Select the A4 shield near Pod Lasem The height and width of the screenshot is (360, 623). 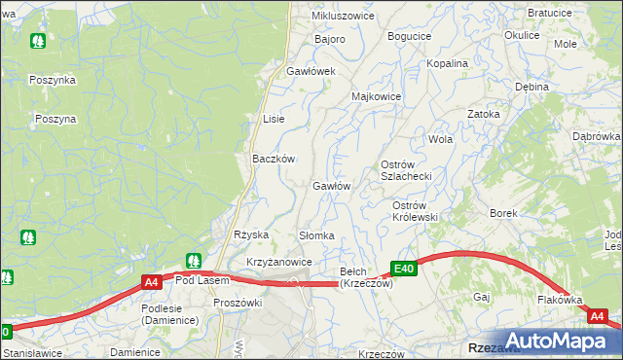151,282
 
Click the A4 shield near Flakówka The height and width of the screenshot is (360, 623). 598,317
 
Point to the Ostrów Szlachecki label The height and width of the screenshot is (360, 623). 406,169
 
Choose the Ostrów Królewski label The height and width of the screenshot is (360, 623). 415,211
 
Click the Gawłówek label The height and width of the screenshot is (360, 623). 311,72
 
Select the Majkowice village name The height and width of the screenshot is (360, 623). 377,97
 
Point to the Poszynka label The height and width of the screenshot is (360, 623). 53,81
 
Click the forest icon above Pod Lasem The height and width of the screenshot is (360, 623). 194,261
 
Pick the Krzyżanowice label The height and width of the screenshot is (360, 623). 278,263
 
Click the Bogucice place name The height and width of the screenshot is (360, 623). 409,36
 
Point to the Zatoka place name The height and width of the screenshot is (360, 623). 483,114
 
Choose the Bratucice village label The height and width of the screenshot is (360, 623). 549,14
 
